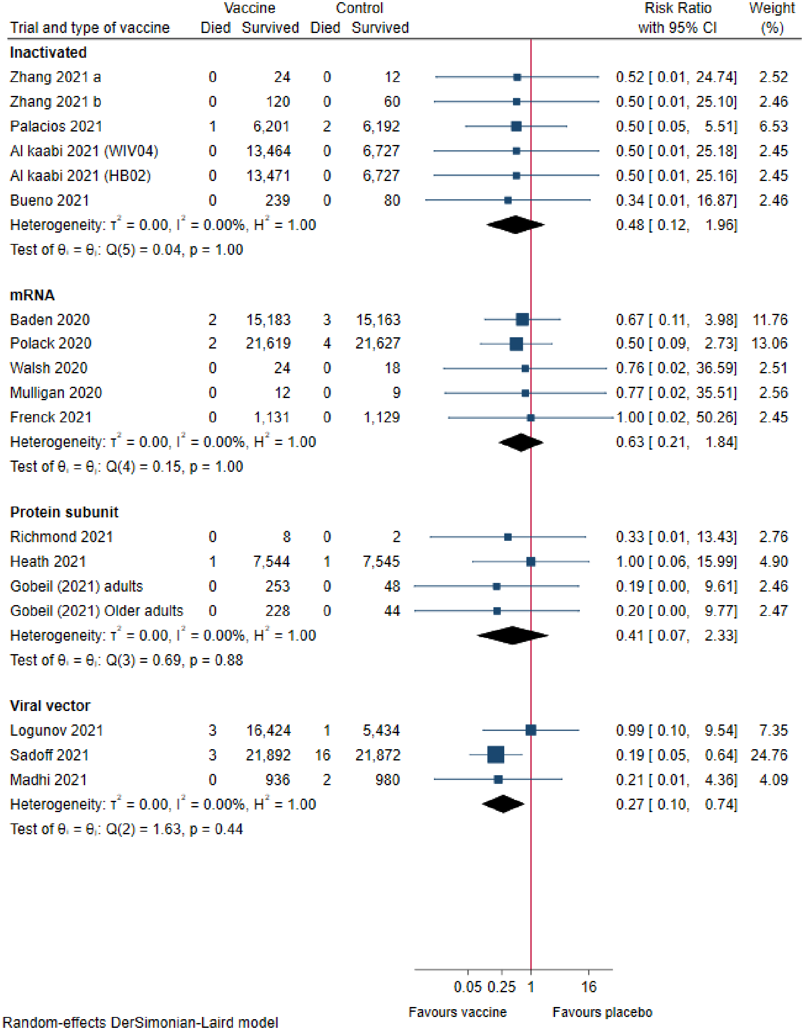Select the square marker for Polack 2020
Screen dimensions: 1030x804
(516, 344)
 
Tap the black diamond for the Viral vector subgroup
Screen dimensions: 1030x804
(503, 804)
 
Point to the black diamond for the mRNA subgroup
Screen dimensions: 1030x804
(521, 442)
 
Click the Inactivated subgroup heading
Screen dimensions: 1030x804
(48, 53)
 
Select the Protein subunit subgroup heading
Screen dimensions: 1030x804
(64, 512)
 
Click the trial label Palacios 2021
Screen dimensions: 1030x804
(56, 126)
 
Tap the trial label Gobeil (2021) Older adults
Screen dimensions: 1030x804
(96, 611)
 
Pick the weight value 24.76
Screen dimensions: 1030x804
(769, 755)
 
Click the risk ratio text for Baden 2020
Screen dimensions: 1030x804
(676, 320)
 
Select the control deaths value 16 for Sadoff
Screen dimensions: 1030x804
(323, 755)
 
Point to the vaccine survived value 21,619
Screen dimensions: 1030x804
(268, 343)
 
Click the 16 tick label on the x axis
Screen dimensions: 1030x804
(589, 987)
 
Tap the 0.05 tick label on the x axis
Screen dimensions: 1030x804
(467, 987)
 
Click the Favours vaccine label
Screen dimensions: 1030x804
(457, 1012)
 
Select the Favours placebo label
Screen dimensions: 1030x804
(602, 1012)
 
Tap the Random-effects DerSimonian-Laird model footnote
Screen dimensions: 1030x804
(140, 1023)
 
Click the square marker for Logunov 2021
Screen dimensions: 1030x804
(530, 730)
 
